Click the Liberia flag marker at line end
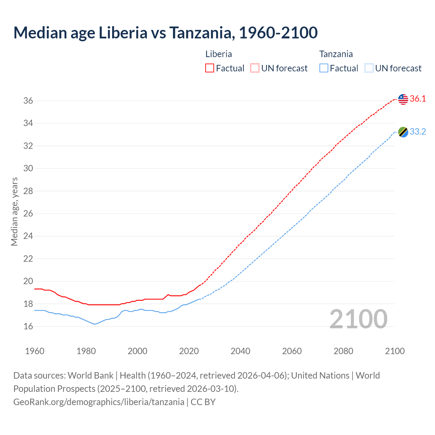point(403,99)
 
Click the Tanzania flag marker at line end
point(403,132)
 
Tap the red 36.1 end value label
point(418,99)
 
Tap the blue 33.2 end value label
point(418,132)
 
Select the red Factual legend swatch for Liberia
point(210,68)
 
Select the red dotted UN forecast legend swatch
point(255,68)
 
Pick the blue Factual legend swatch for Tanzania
point(324,68)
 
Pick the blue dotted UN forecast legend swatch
point(369,68)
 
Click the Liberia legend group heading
point(219,54)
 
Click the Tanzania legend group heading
point(336,54)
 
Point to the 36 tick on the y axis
point(28,101)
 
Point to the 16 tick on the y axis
point(28,326)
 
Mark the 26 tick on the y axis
point(28,213)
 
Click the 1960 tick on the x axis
point(35,351)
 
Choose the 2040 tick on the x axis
point(240,351)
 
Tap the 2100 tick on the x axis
point(395,351)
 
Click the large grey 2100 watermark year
point(358,319)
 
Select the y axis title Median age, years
point(14,211)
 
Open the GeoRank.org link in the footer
point(99,402)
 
